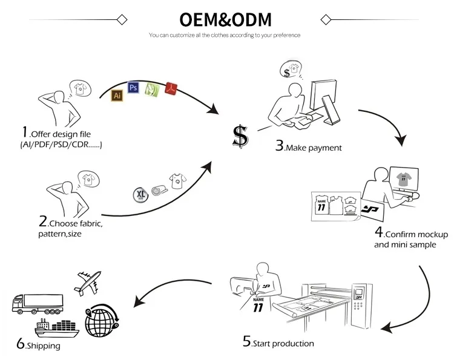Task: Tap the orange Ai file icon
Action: [x=117, y=95]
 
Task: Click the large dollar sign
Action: [x=240, y=137]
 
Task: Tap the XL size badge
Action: [x=140, y=194]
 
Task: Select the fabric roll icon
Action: [x=158, y=188]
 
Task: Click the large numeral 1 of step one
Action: [x=25, y=133]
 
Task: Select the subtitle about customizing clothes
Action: [x=225, y=35]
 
